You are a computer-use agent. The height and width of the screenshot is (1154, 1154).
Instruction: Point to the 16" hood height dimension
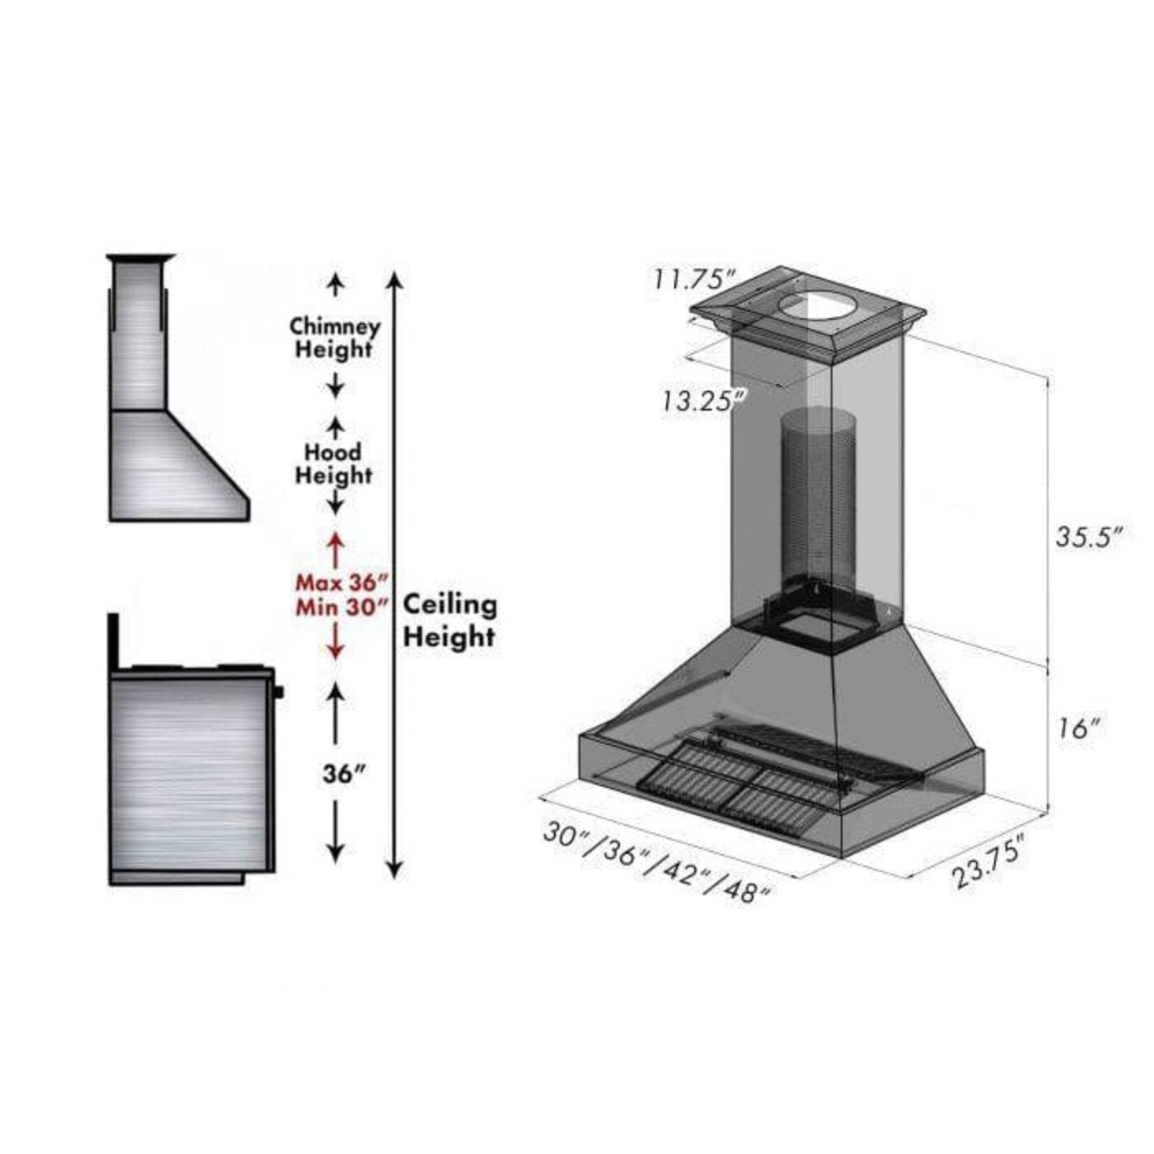[x=1078, y=728]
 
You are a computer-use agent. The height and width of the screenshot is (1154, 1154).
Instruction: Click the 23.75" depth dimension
[x=991, y=861]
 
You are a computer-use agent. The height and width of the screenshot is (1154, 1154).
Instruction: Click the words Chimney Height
[x=335, y=337]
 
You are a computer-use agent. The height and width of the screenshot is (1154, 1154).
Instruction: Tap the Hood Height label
[x=334, y=463]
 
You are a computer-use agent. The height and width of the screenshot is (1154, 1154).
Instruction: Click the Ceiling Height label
[x=449, y=621]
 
